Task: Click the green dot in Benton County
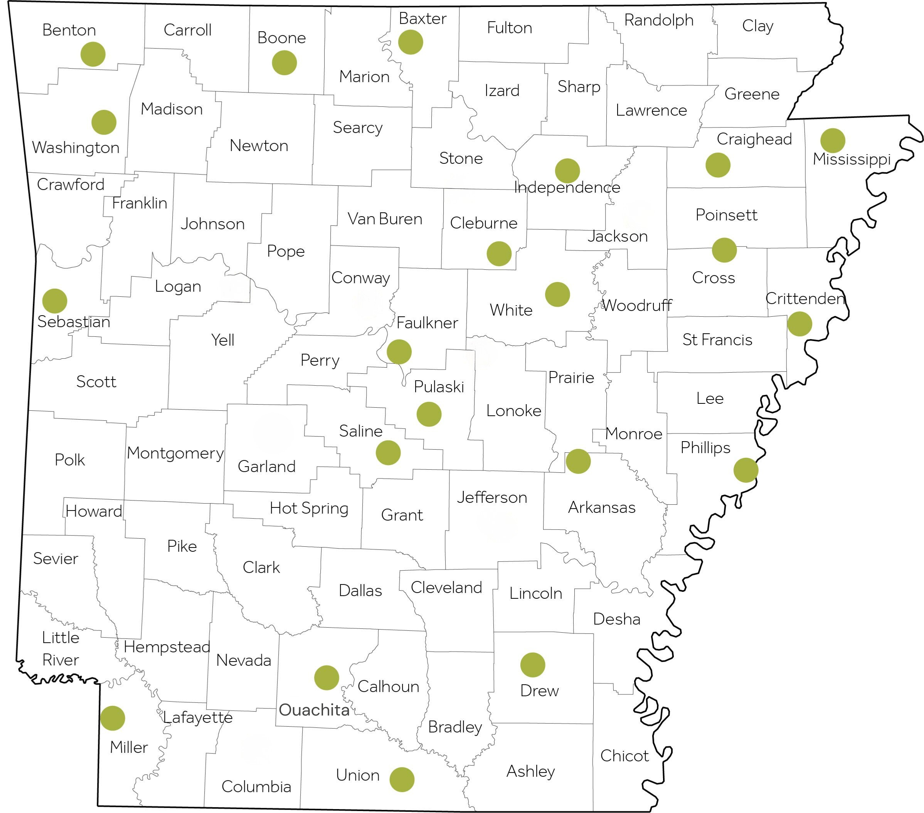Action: (x=93, y=54)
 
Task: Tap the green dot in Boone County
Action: (x=284, y=62)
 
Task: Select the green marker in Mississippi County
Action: (x=833, y=141)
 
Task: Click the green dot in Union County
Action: (x=402, y=779)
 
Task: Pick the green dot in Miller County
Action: (x=113, y=718)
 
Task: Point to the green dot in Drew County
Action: (x=532, y=665)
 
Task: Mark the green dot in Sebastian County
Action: (x=55, y=301)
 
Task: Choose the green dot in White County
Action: (x=557, y=295)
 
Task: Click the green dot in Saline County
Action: (x=388, y=452)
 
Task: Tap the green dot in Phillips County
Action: (x=746, y=470)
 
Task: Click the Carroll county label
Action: (x=188, y=30)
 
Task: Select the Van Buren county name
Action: (x=385, y=219)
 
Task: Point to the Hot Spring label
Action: (x=309, y=508)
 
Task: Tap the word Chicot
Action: (x=624, y=756)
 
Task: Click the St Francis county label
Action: (x=717, y=339)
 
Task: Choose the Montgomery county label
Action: (x=175, y=453)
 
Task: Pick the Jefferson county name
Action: (x=492, y=497)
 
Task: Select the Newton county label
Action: (x=259, y=146)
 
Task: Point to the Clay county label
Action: (x=757, y=26)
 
